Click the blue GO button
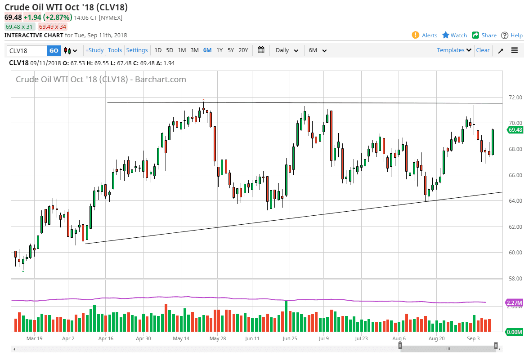click(x=54, y=50)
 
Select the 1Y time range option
click(x=220, y=50)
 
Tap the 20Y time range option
click(x=243, y=50)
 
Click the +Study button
click(x=94, y=50)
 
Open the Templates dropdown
click(x=454, y=50)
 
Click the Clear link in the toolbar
click(x=483, y=50)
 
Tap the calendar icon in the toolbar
click(x=261, y=50)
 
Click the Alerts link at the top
click(x=425, y=35)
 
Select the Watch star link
click(x=455, y=35)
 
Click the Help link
click(x=512, y=35)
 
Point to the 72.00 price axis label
click(x=515, y=97)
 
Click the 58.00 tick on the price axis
click(x=515, y=278)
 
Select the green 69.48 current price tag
click(x=515, y=130)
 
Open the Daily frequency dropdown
click(x=287, y=50)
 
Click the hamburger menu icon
click(x=515, y=50)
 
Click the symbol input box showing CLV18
click(x=27, y=50)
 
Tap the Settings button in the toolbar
click(x=137, y=50)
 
